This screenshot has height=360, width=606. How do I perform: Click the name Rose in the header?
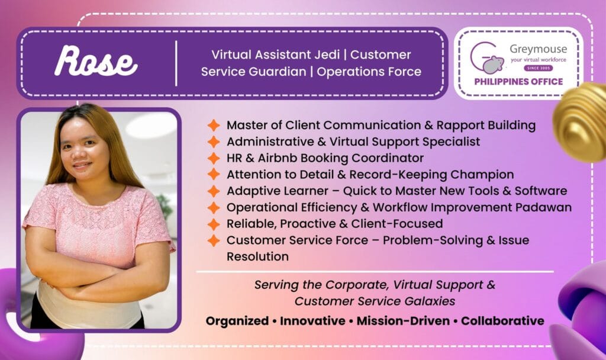tap(96, 61)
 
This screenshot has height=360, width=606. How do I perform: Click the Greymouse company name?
tap(538, 49)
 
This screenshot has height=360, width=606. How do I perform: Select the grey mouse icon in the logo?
tap(493, 64)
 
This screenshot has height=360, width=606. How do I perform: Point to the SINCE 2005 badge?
tap(539, 68)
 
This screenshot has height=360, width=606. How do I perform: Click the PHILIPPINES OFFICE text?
tap(518, 82)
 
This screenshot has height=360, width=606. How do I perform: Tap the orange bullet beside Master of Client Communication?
tap(213, 126)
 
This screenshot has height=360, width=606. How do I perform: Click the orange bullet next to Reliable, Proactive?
tap(213, 224)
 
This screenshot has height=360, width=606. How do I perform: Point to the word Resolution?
tap(257, 256)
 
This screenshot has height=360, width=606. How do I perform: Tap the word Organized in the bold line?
tap(237, 321)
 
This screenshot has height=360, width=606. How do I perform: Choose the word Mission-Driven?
tap(403, 321)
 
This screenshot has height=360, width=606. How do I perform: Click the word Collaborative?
tap(502, 321)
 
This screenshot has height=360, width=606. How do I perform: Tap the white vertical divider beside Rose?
tap(176, 63)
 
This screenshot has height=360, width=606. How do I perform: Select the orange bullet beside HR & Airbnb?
tap(213, 158)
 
